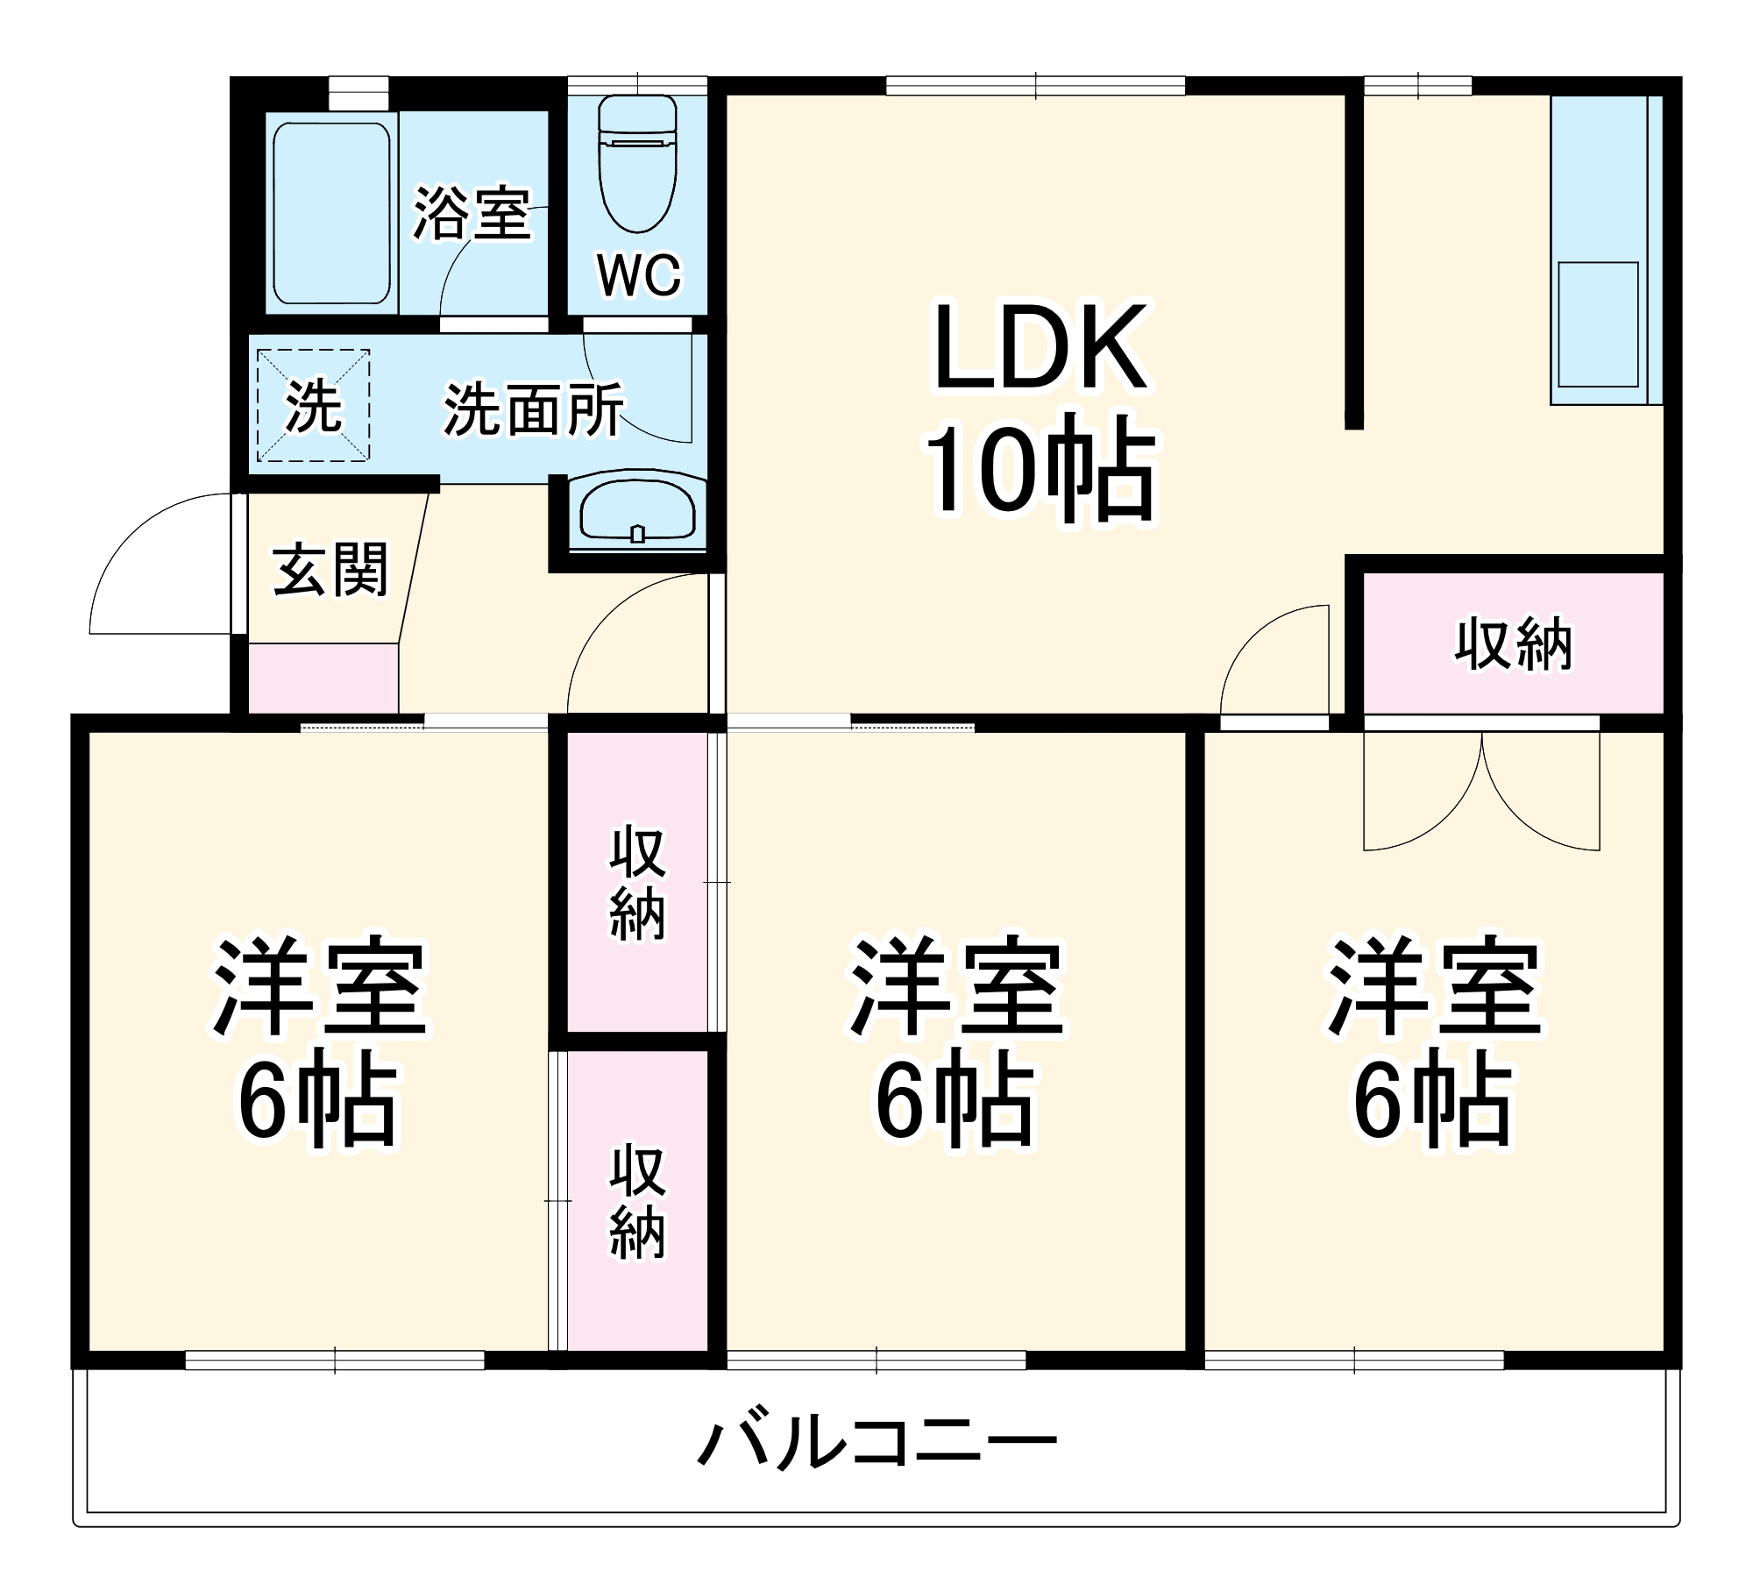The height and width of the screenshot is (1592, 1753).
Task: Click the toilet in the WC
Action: click(x=637, y=167)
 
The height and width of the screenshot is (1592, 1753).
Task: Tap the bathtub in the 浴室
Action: click(x=331, y=212)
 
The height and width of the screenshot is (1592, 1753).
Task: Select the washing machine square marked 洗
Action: click(x=313, y=405)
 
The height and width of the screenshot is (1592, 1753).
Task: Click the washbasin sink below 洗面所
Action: click(x=637, y=511)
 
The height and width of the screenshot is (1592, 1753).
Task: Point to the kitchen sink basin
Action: click(x=1597, y=324)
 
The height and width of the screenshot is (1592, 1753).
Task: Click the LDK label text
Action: click(x=1040, y=348)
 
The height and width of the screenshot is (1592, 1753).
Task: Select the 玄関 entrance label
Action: click(x=330, y=570)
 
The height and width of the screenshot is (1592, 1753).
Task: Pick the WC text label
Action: click(x=639, y=275)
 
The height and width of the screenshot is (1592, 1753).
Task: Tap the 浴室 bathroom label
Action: click(x=472, y=213)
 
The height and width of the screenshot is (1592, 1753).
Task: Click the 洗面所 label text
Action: click(x=534, y=409)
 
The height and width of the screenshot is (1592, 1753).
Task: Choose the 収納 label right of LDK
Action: click(x=1514, y=644)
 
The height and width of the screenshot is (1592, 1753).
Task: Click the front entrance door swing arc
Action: click(x=158, y=561)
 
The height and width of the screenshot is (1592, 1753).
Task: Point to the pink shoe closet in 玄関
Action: click(x=323, y=679)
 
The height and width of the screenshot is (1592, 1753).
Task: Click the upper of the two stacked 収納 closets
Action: click(x=637, y=882)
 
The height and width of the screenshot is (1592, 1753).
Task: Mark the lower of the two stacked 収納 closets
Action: click(x=637, y=1201)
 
